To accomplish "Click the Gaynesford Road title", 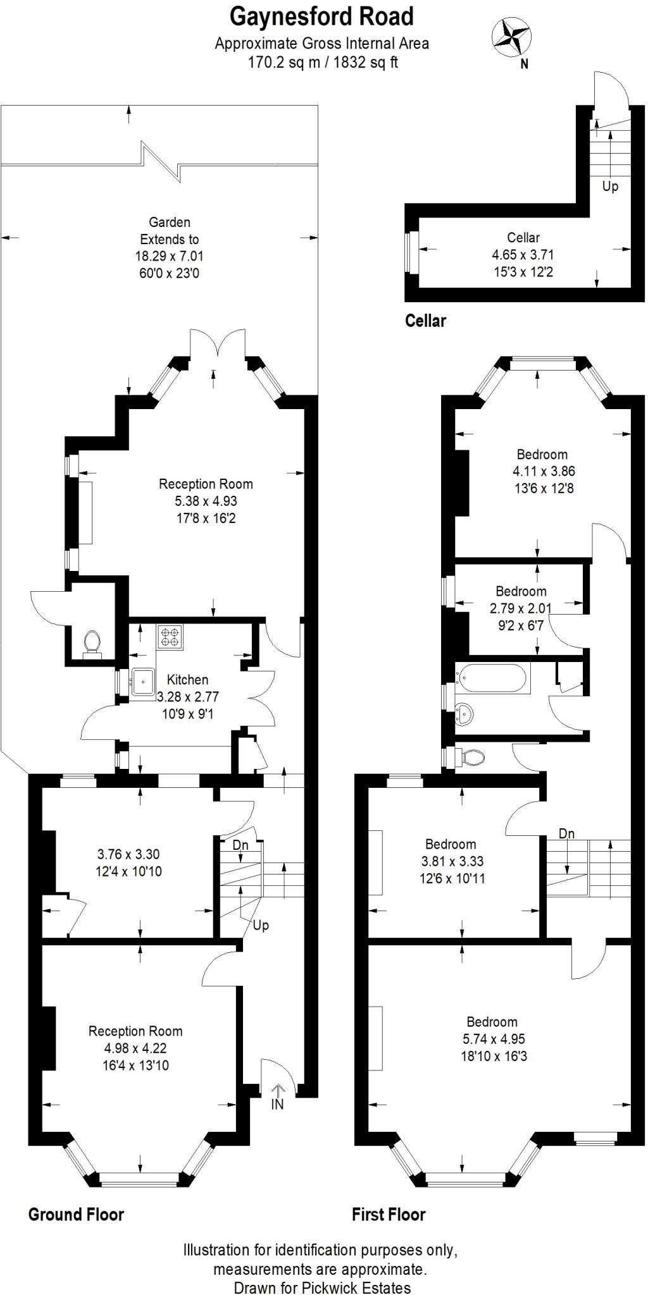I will click(x=321, y=17).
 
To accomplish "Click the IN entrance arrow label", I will click(x=277, y=1104).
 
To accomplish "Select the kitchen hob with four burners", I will click(x=170, y=636).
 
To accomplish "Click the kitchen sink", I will click(x=144, y=682).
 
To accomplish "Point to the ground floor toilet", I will click(x=92, y=643).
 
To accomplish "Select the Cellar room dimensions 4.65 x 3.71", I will click(x=523, y=255).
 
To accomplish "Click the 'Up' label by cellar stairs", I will click(x=610, y=187).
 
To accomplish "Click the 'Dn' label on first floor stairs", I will click(x=566, y=834).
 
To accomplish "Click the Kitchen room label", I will click(x=187, y=680).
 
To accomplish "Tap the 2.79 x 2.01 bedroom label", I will click(x=521, y=608).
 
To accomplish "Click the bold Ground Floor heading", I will click(x=76, y=1214).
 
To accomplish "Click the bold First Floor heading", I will click(x=389, y=1214).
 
